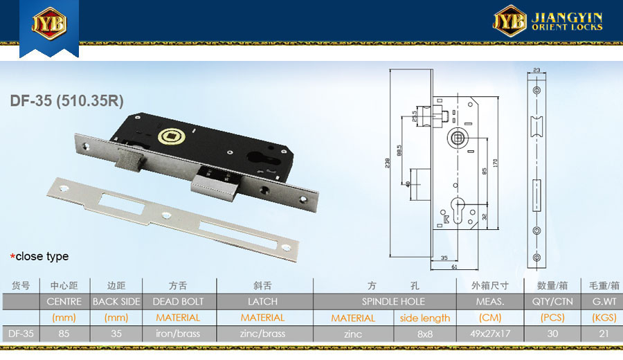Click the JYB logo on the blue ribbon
pos(49,23)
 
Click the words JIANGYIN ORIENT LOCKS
pos(567,21)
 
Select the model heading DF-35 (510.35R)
pos(66,101)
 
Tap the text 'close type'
pos(42,256)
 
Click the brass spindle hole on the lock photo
pos(171,137)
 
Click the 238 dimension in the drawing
pos(387,163)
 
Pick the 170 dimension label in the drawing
pos(495,163)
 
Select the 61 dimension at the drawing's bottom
pos(454,267)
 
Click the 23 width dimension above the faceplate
pos(536,70)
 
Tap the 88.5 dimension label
pos(399,150)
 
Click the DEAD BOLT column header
pos(178,302)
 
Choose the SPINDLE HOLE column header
pos(393,302)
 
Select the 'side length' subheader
pos(425,318)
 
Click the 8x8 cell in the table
pos(425,334)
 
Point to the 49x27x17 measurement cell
pos(490,334)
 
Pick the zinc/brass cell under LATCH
pos(262,334)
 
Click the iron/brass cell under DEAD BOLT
pos(178,334)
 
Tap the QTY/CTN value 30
pos(552,334)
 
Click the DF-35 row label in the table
pos(21,334)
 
